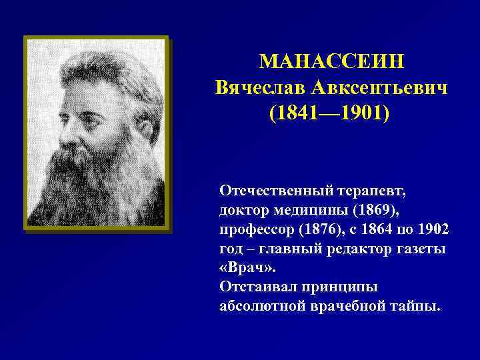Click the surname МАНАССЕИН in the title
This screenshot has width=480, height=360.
(x=331, y=62)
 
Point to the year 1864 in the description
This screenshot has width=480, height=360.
(x=385, y=229)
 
